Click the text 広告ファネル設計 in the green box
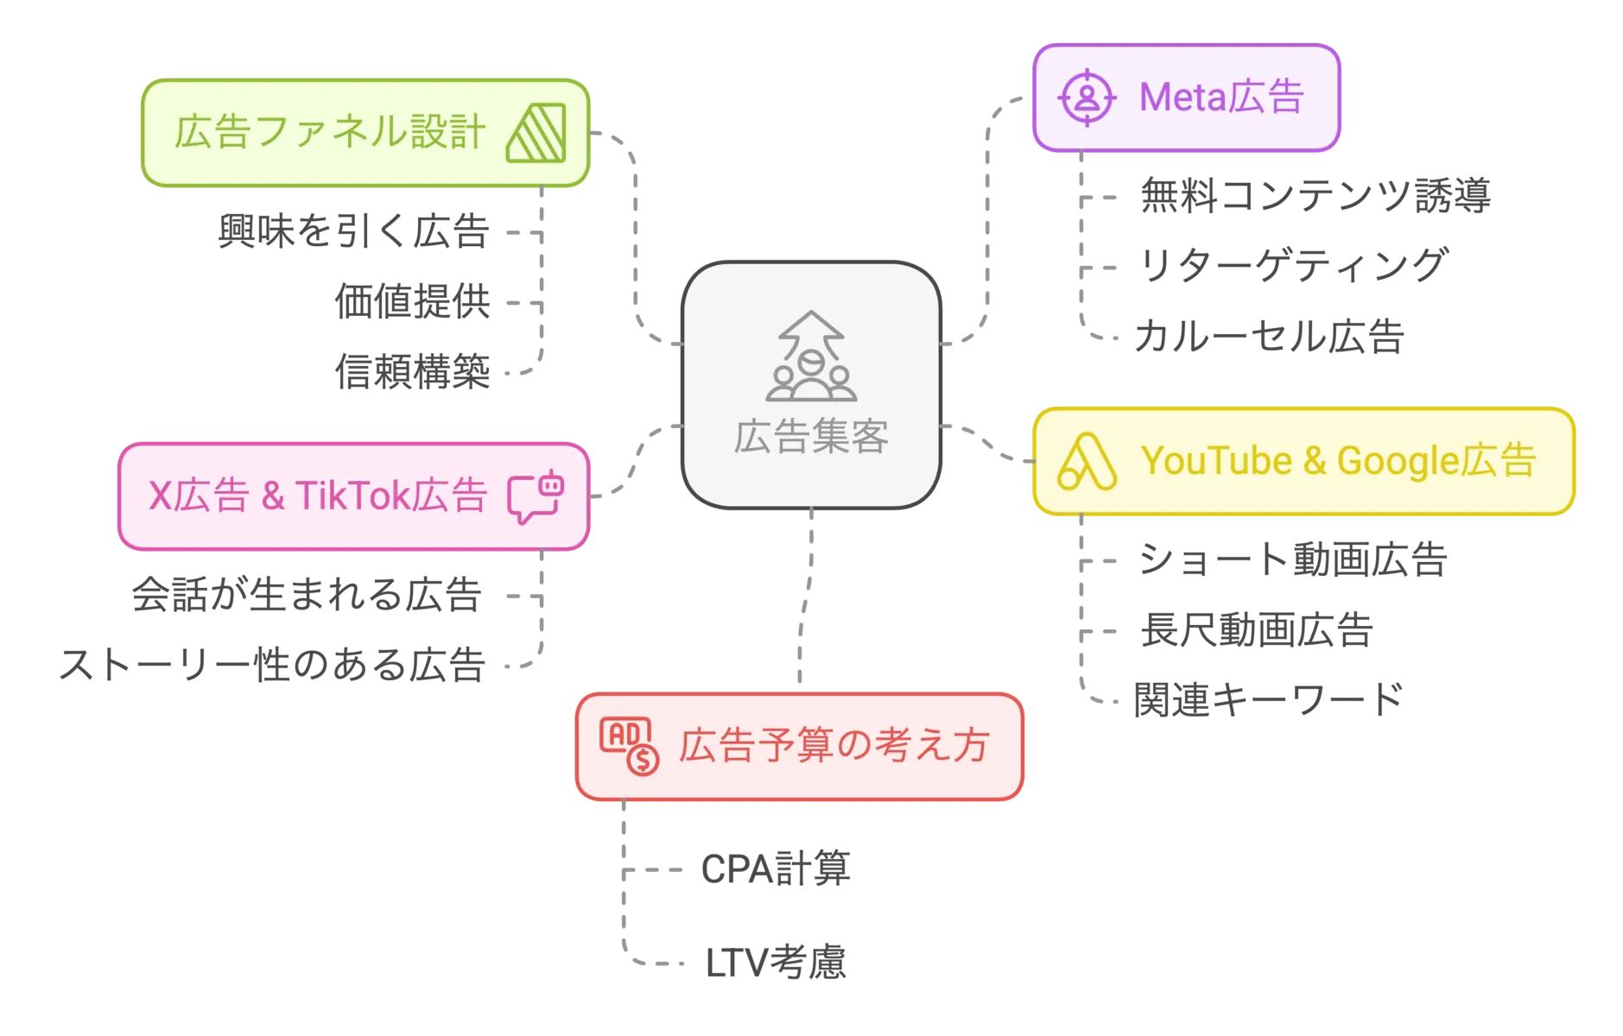coord(329,132)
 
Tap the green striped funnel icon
coord(536,133)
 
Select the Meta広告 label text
coord(1220,97)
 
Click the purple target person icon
coord(1087,98)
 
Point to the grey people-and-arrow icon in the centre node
coord(811,357)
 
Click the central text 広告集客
coord(811,437)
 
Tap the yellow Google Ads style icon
coord(1087,461)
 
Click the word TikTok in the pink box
coord(352,496)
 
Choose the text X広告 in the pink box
coord(198,496)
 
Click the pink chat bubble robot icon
coord(536,496)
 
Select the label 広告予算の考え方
coord(834,746)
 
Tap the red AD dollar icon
coord(629,745)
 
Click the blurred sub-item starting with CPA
coord(775,869)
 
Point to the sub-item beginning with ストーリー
coord(272,665)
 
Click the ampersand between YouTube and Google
coord(1315,461)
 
